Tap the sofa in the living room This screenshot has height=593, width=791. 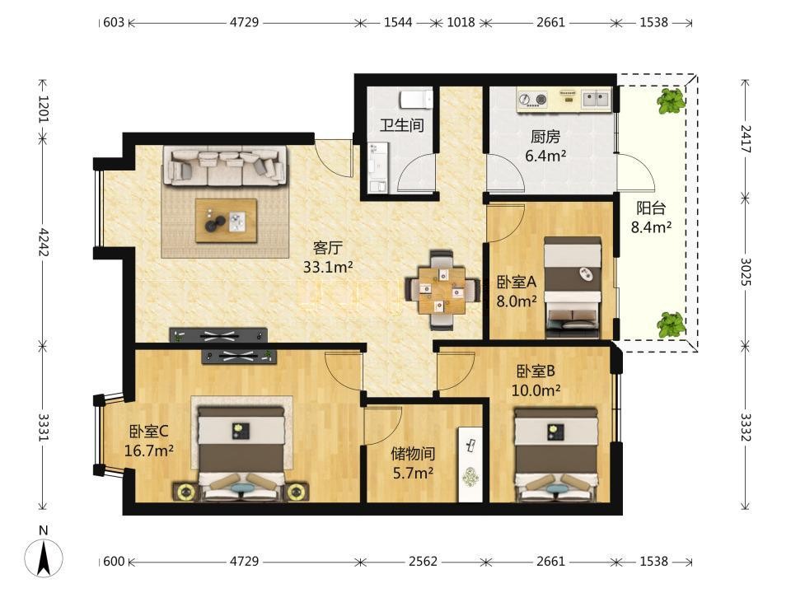[225, 166]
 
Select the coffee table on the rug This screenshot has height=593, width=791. [226, 221]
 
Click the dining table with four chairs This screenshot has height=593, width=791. [442, 290]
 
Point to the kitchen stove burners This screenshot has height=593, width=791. [533, 99]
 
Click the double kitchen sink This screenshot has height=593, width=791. [597, 98]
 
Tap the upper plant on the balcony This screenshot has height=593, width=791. [671, 101]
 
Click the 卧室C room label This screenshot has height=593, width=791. [149, 431]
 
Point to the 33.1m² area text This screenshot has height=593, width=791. [327, 267]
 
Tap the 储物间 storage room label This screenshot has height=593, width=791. [413, 454]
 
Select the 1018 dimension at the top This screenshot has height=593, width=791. [461, 22]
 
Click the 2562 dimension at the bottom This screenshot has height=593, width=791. [423, 561]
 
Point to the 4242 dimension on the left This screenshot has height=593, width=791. [44, 242]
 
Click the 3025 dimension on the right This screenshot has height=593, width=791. [746, 272]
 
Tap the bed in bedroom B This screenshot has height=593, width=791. [555, 455]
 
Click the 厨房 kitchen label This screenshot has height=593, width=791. [545, 136]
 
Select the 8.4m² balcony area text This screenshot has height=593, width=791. [651, 227]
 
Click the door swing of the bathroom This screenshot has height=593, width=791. [415, 173]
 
